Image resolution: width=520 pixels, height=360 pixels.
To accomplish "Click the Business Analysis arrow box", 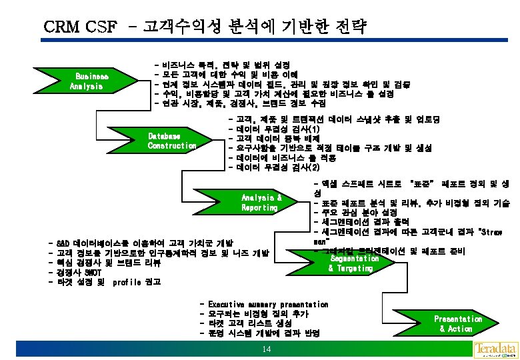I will point(89,81).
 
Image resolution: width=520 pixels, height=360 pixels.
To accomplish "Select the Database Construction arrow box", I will point(172,141).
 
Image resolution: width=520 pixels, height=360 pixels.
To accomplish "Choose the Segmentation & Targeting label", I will point(351,263).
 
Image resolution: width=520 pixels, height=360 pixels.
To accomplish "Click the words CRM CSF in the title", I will point(79,27).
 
